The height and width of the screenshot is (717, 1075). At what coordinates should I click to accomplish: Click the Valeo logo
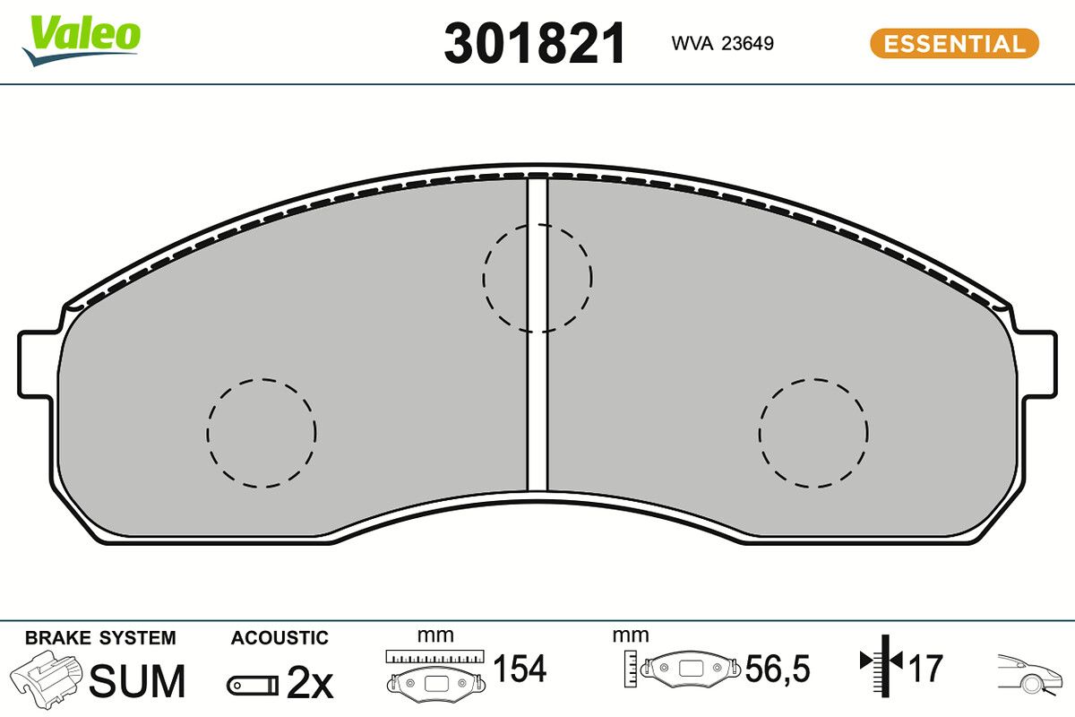pos(82,41)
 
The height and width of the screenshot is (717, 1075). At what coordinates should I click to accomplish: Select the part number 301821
pos(535,43)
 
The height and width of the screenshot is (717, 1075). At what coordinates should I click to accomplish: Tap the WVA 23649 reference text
pos(722,43)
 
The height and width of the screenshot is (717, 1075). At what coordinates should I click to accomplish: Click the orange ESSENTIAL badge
pos(954,43)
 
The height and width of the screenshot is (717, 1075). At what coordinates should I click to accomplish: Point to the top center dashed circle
pos(537,226)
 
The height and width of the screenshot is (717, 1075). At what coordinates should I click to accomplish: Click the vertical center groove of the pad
pos(537,335)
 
